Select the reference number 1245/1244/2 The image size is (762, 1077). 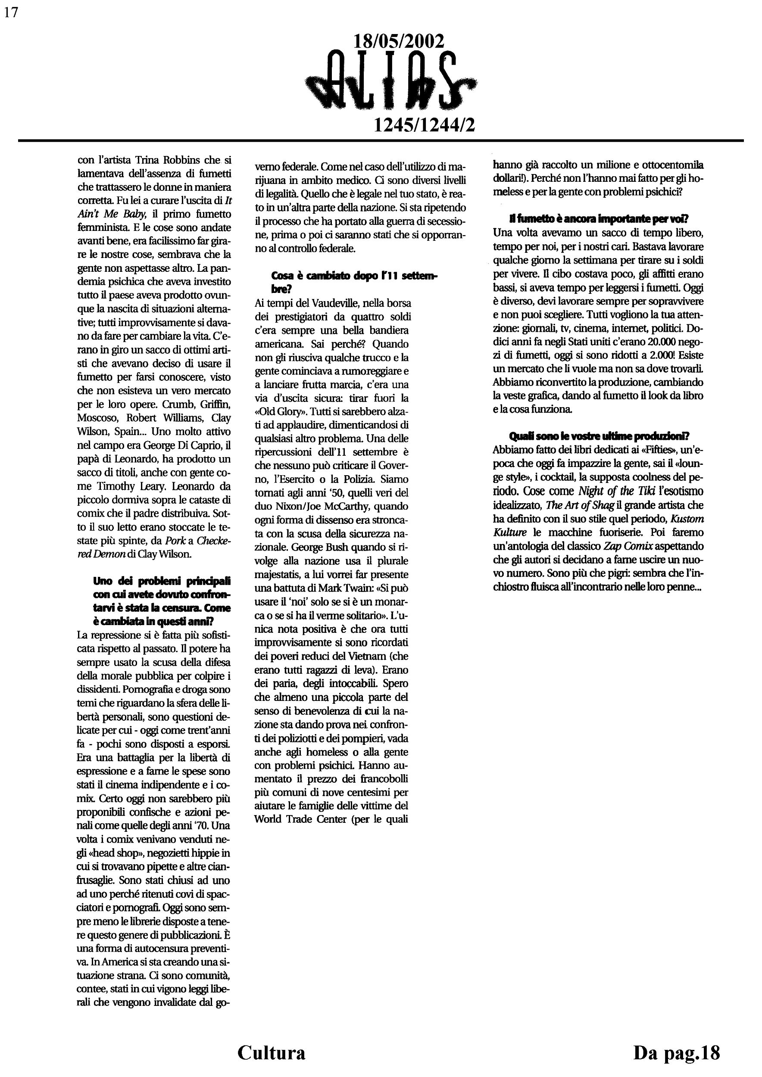(x=424, y=125)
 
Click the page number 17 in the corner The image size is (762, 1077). (x=11, y=12)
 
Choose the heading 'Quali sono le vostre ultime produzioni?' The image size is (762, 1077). (x=599, y=436)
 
